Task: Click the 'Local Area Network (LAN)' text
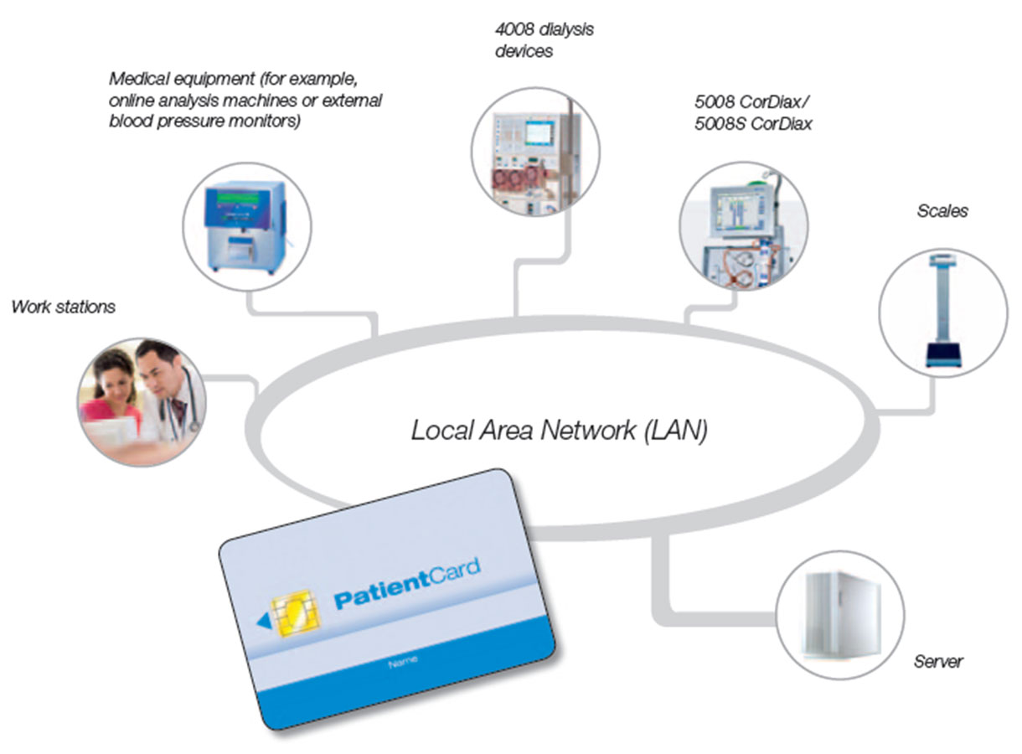560,431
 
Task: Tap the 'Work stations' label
64,307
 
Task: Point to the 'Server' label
938,662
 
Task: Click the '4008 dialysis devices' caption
545,40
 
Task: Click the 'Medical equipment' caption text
245,101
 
